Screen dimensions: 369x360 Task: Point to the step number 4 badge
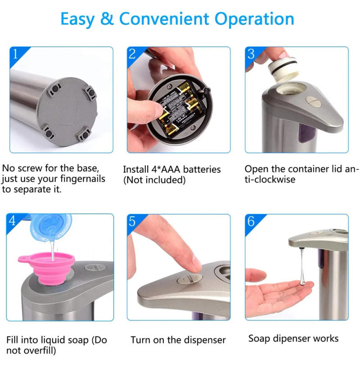pyautogui.click(x=13, y=221)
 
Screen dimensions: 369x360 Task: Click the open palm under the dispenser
pyautogui.click(x=274, y=295)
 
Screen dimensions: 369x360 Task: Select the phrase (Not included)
pyautogui.click(x=154, y=180)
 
